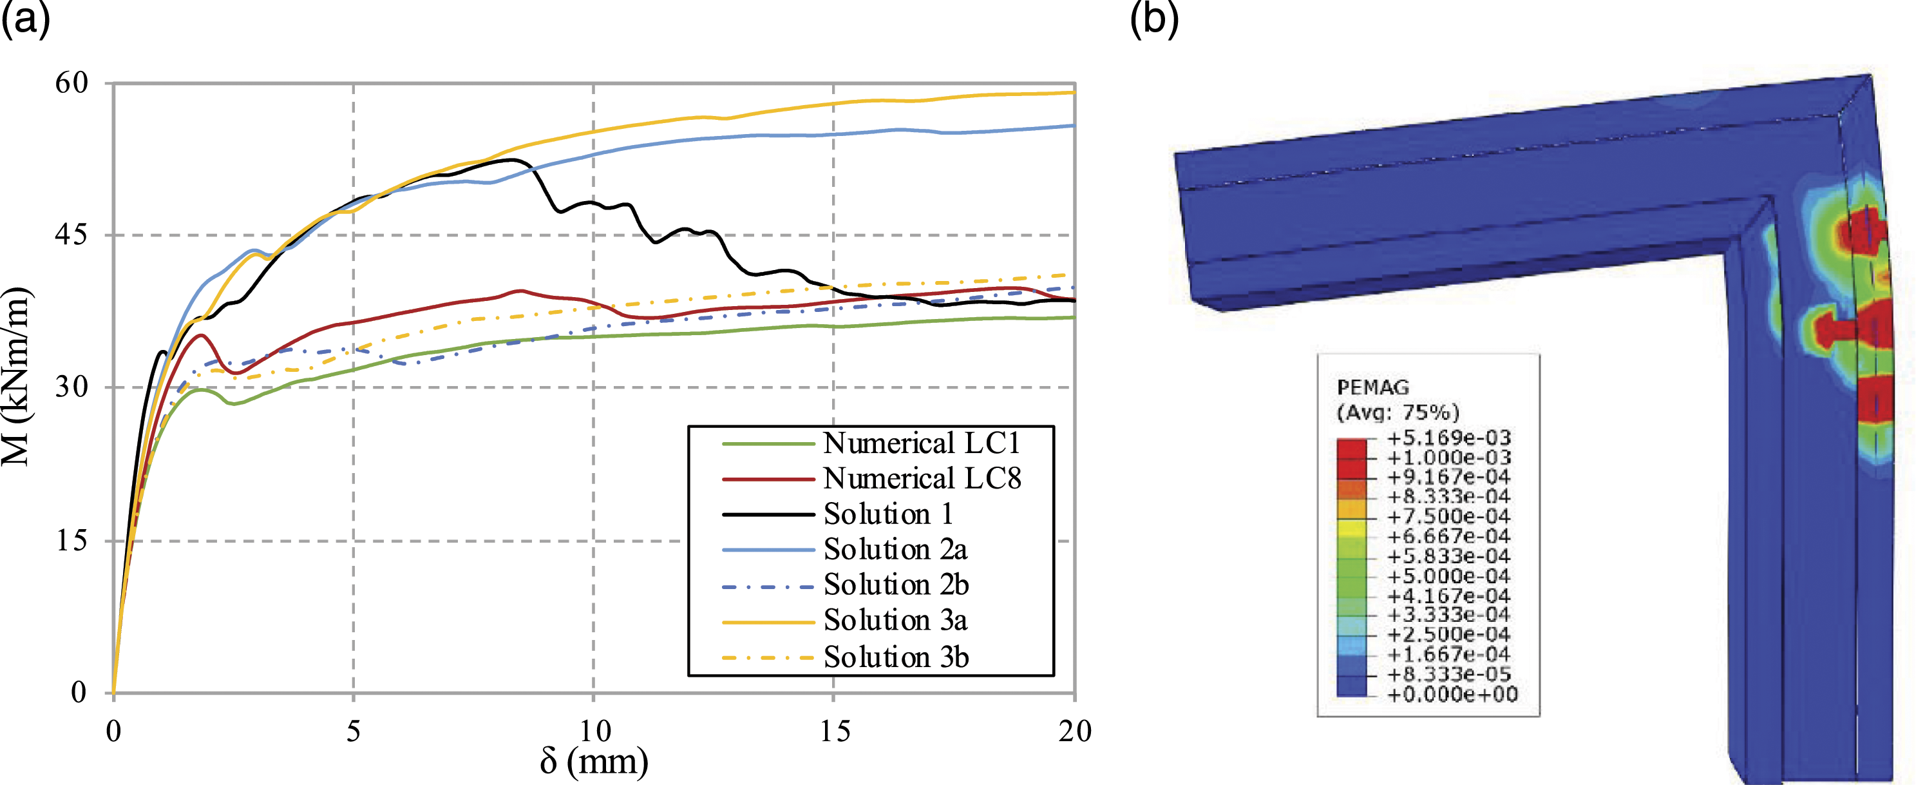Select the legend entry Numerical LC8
pos(922,478)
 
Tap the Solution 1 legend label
pos(888,514)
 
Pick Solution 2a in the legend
pos(895,549)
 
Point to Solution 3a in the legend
pos(895,620)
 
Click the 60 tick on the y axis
pos(71,82)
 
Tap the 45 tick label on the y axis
pos(71,235)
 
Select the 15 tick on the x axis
pos(835,732)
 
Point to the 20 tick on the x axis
pos(1075,732)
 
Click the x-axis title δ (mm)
pos(594,761)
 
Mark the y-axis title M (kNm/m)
pos(16,376)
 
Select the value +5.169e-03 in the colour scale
pos(1449,438)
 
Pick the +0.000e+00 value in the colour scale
pos(1452,695)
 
